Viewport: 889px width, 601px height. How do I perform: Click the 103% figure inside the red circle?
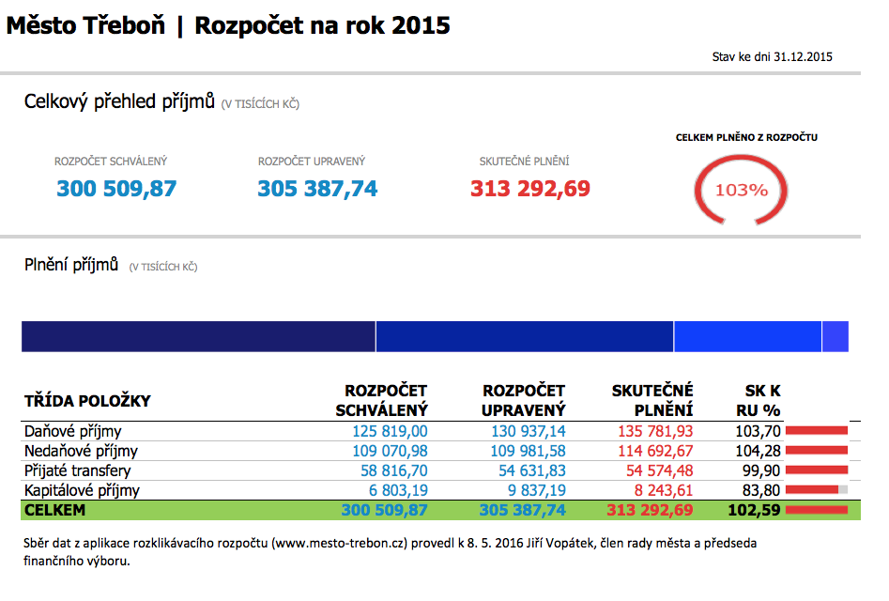click(x=742, y=190)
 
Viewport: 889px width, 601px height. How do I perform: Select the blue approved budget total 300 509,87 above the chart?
click(x=116, y=189)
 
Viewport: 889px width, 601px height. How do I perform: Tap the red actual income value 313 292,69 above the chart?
click(x=530, y=189)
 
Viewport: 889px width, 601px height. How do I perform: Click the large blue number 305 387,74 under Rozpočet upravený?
click(x=317, y=189)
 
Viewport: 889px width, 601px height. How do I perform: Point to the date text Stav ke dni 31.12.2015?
click(x=773, y=57)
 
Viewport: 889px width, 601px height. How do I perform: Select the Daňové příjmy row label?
click(x=72, y=432)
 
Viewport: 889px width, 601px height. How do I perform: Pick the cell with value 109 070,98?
click(x=389, y=452)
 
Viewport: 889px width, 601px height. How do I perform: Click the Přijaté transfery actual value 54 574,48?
click(x=655, y=470)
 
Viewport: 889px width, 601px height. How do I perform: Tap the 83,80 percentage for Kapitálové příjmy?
click(x=759, y=490)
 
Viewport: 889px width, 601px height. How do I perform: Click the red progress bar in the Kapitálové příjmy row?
click(x=812, y=490)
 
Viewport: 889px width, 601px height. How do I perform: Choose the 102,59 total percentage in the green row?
click(x=754, y=510)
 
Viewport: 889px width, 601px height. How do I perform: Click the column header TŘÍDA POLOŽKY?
click(x=87, y=401)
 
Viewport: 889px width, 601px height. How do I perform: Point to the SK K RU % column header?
click(x=759, y=400)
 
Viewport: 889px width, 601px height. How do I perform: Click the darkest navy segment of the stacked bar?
click(x=198, y=336)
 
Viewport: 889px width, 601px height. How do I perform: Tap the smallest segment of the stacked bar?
click(x=835, y=336)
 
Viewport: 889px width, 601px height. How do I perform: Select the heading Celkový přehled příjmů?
click(x=119, y=101)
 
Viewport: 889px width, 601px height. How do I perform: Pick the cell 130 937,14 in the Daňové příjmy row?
click(x=528, y=432)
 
